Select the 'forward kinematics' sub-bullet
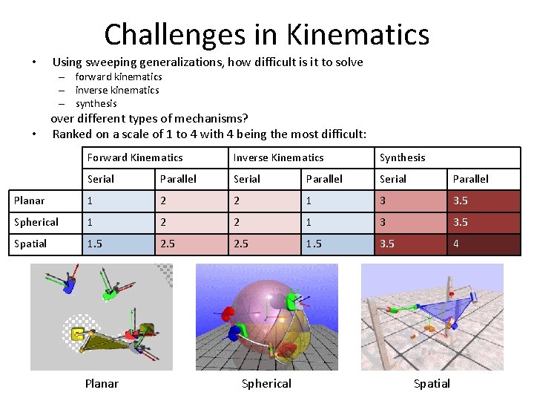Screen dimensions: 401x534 pos(119,76)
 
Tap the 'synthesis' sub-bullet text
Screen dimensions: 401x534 pos(96,103)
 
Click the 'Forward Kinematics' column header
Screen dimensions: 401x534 pos(135,157)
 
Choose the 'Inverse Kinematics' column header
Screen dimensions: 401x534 pos(278,157)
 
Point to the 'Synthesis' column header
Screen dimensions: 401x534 pos(403,157)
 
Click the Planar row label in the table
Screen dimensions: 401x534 pos(30,200)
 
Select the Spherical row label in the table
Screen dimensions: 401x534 pos(36,222)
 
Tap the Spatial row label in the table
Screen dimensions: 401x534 pos(30,244)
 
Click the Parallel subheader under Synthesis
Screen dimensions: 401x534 pos(471,179)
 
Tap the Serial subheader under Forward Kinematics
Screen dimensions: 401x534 pos(101,179)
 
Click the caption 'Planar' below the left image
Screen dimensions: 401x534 pos(102,383)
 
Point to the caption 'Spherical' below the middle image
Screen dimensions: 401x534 pos(266,383)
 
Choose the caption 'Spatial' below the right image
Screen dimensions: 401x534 pos(432,383)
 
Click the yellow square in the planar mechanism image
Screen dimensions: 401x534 pos(76,335)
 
